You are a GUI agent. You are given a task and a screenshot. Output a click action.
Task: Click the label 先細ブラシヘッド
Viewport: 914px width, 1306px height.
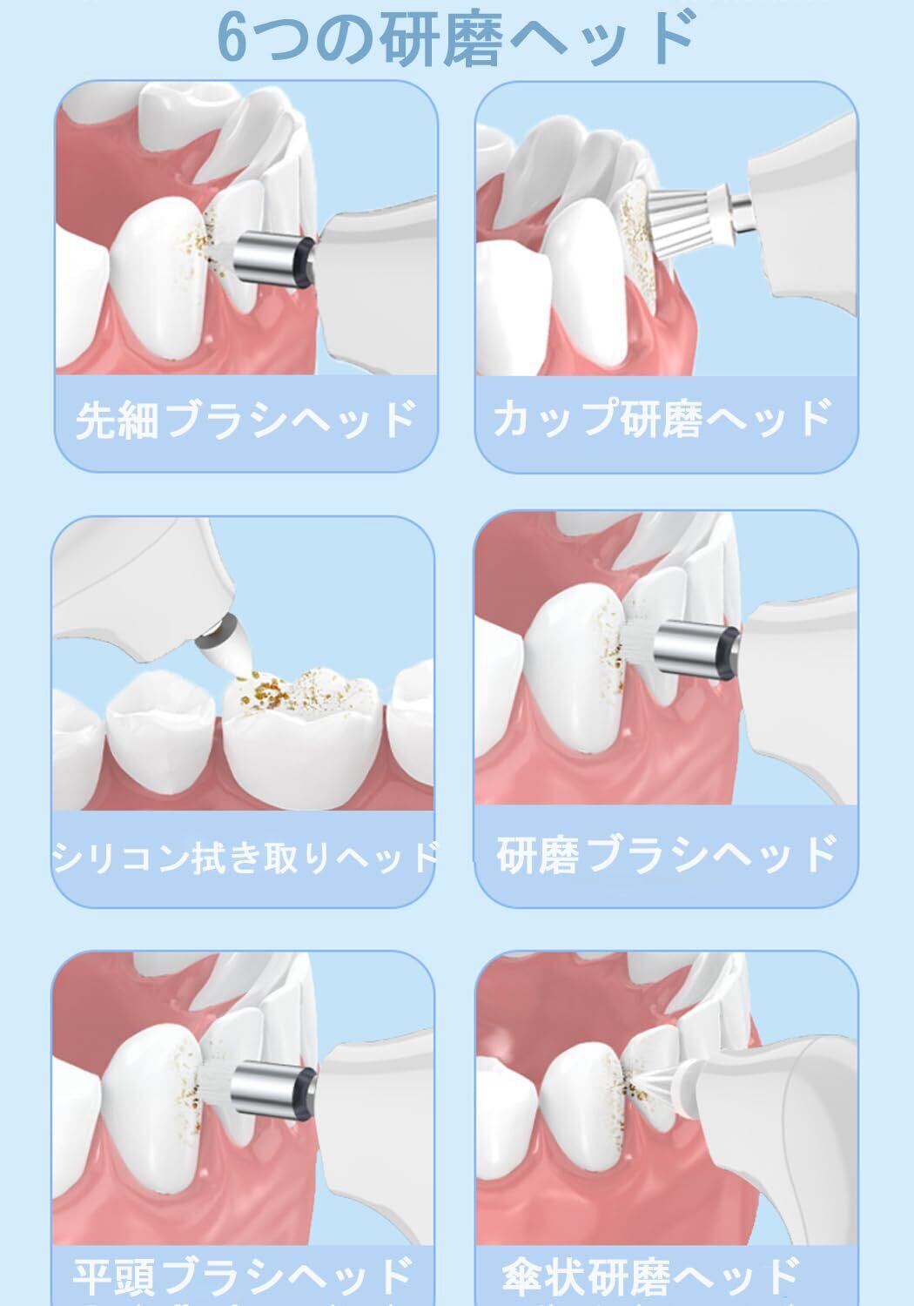click(x=245, y=419)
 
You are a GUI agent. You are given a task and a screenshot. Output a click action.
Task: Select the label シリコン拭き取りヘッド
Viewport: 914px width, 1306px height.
click(x=245, y=857)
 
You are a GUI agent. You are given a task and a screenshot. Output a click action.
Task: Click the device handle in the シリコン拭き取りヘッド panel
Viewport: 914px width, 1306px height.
click(x=140, y=589)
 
